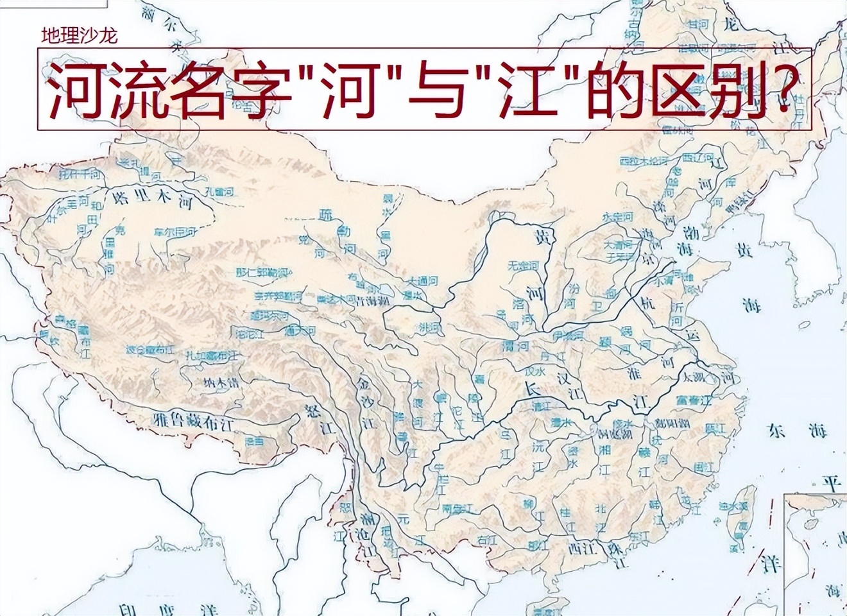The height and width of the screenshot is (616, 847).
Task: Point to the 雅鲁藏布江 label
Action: pyautogui.click(x=192, y=421)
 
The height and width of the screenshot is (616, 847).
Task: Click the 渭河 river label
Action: pyautogui.click(x=515, y=347)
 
